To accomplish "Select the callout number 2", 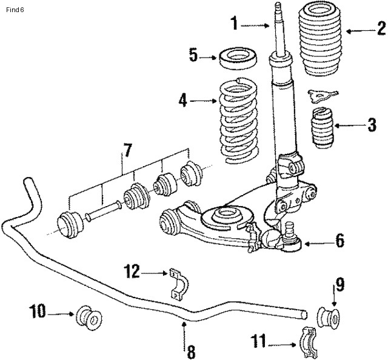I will (381, 28).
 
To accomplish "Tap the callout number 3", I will (372, 127).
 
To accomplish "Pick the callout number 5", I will (193, 56).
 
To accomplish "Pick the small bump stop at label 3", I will (323, 128).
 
